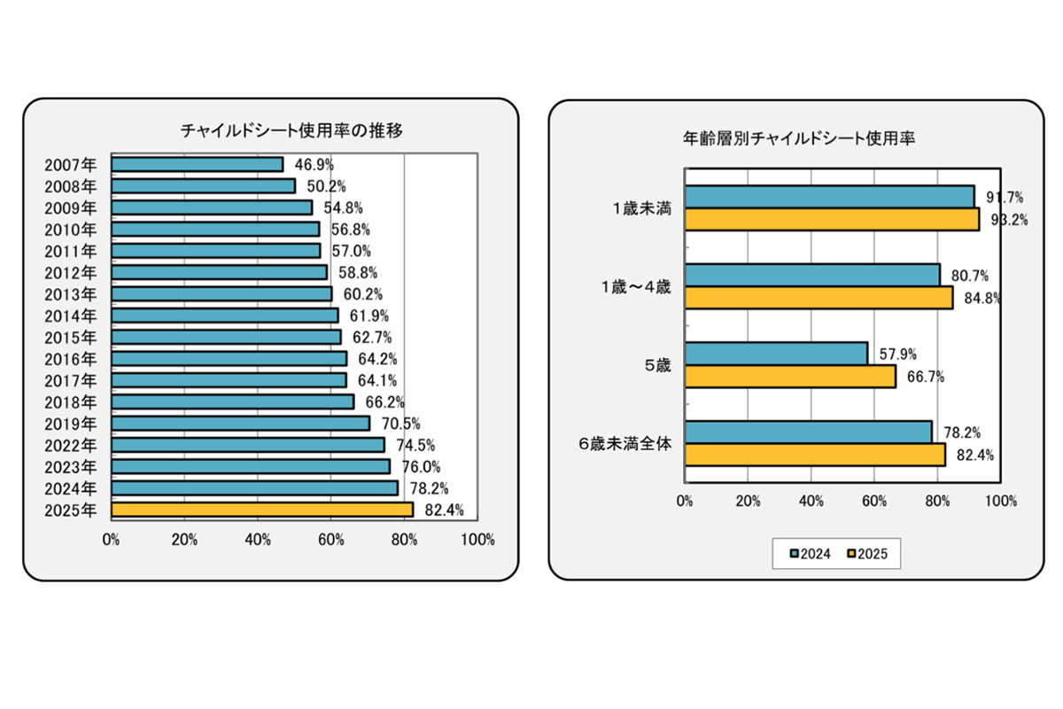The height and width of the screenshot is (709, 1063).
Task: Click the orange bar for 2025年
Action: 262,510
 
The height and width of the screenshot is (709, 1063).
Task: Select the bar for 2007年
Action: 198,164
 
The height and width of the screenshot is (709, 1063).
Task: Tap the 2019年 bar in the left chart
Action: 241,424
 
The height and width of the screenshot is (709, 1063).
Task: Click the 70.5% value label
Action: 397,424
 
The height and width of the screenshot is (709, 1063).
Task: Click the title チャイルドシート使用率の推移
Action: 291,130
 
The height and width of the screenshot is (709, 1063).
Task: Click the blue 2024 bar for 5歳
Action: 777,354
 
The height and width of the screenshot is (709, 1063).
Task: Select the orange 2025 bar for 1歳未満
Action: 832,220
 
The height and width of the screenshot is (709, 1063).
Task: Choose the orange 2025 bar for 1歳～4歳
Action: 819,299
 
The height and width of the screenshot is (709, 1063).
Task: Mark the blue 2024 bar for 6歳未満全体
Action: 809,432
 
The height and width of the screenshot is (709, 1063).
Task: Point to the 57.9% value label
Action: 897,354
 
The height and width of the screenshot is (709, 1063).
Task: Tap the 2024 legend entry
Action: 810,555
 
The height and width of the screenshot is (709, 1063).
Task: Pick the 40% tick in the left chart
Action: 258,539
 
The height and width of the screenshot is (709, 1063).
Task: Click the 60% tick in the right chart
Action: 874,501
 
